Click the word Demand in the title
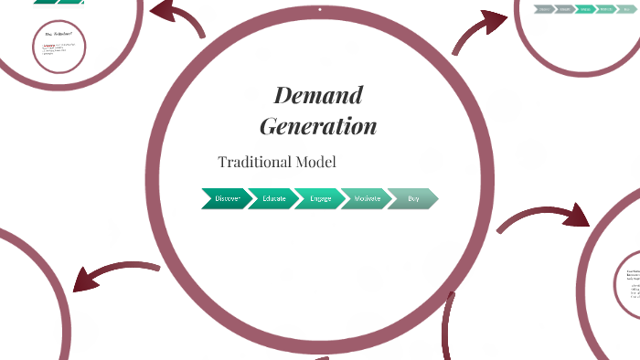point(318,95)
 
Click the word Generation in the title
point(318,125)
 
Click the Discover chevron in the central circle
point(225,198)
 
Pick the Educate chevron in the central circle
point(272,198)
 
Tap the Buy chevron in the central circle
point(412,198)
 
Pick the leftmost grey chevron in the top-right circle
point(544,9)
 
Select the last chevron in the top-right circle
point(626,9)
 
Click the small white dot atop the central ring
point(320,10)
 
